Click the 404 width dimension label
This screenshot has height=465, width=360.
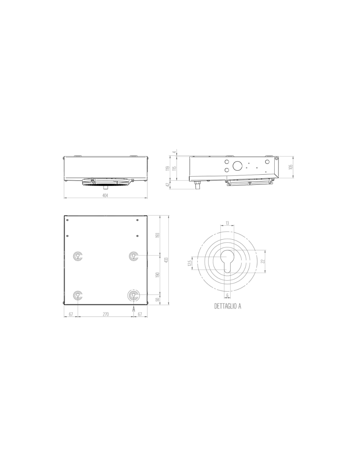105,195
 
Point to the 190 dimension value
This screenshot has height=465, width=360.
158,275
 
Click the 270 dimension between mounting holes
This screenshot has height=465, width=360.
106,314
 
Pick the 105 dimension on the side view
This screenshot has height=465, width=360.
290,167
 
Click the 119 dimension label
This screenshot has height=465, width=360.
168,168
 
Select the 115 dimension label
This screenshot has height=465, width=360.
174,168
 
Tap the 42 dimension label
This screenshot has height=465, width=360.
168,184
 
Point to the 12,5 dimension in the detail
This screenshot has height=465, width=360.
189,263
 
